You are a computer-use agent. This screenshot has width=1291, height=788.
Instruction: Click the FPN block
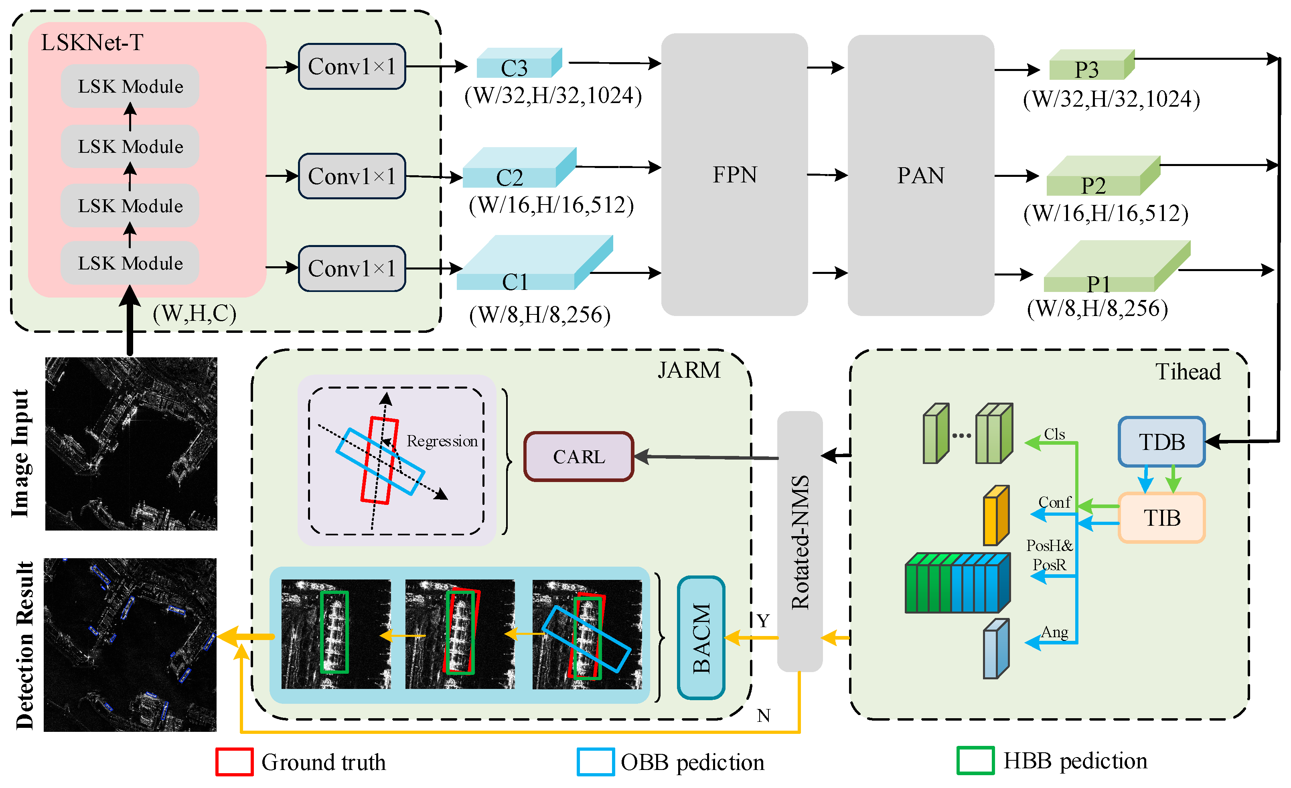(734, 174)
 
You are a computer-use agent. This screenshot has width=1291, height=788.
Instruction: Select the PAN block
(920, 174)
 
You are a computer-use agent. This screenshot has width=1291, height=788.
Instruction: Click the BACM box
(701, 638)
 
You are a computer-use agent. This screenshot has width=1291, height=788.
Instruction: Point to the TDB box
(1161, 442)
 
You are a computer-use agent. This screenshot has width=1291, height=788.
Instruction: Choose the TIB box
(1161, 518)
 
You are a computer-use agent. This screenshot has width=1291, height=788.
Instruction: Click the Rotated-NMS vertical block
(800, 541)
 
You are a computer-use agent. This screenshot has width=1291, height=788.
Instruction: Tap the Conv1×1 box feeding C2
(352, 176)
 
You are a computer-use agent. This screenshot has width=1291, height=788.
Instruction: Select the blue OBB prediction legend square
(595, 762)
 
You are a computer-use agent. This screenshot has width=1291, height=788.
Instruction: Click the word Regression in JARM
(442, 441)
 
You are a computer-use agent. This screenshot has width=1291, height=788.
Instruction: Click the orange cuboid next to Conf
(995, 516)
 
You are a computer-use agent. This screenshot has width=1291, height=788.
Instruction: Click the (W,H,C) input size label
(195, 313)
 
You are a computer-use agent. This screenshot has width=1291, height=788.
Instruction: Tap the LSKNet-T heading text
(92, 43)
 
